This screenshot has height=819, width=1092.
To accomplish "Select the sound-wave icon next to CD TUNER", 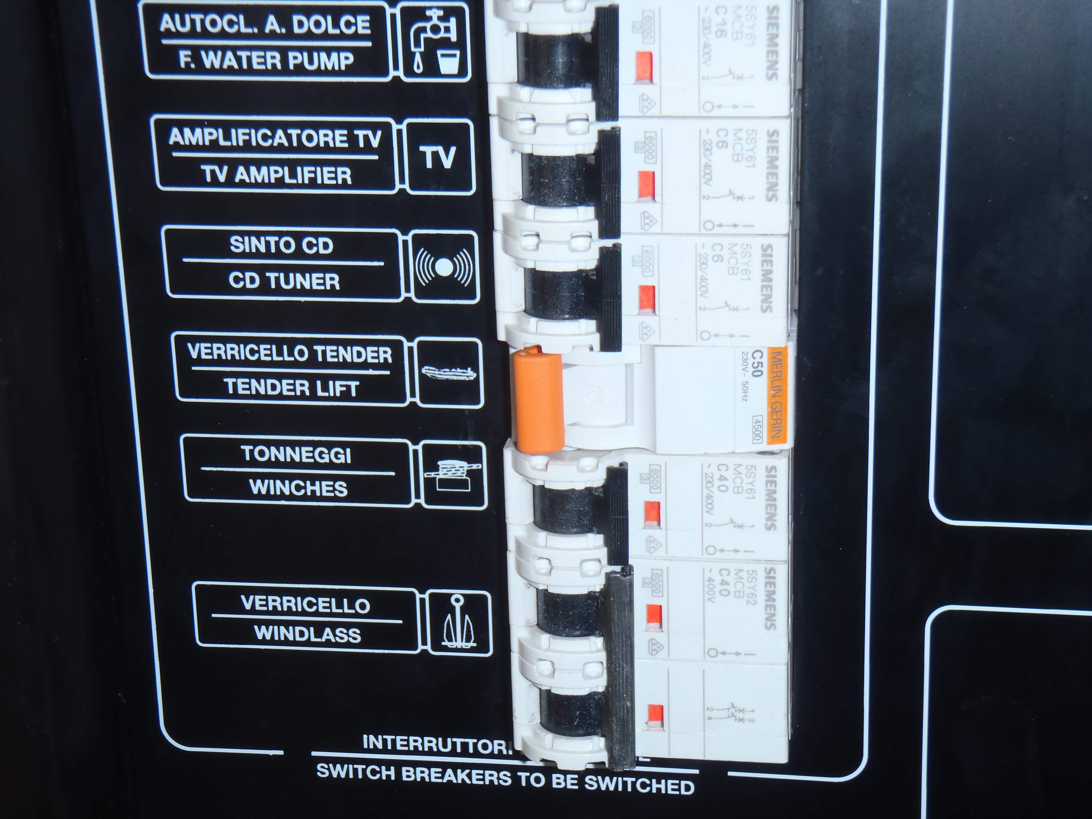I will pyautogui.click(x=444, y=267).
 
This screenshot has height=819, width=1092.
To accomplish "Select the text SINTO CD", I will pyautogui.click(x=281, y=245).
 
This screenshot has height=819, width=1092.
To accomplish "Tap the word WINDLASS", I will pyautogui.click(x=307, y=634).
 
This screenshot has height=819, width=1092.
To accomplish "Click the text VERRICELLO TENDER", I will pyautogui.click(x=289, y=353).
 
